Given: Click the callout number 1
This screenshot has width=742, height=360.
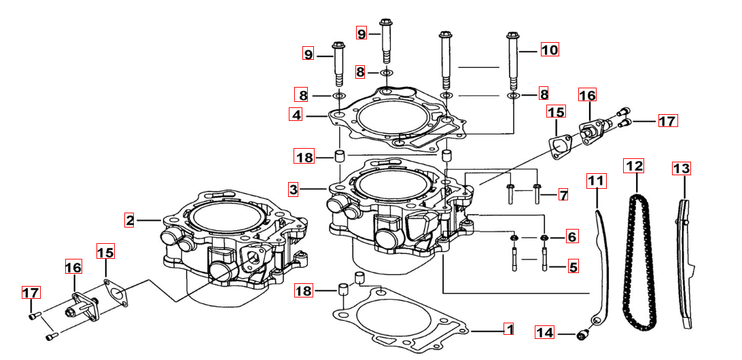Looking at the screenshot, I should [x=508, y=330].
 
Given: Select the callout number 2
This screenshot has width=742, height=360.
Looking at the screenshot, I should [x=130, y=219].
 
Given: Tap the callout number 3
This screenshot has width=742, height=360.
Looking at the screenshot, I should [x=293, y=190].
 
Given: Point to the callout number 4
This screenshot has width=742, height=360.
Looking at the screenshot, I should [x=296, y=115].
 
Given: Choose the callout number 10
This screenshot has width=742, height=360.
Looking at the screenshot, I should [x=549, y=49].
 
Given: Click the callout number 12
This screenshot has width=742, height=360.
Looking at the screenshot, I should [x=635, y=166].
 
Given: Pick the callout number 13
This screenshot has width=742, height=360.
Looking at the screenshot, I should [x=681, y=168].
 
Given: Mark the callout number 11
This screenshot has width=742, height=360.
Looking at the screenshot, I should [x=596, y=181].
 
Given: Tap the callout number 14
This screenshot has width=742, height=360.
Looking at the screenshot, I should [x=545, y=333].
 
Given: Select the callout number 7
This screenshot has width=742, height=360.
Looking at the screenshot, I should [x=563, y=195].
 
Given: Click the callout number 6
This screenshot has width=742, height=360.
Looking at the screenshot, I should [x=571, y=236].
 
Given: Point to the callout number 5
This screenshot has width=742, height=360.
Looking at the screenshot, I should [x=573, y=267].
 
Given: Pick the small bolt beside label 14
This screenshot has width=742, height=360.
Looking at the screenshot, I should [x=582, y=334].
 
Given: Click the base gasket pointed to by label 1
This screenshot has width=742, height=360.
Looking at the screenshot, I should [x=401, y=326].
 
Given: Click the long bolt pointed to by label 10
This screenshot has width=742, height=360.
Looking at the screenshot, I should [x=514, y=65].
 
